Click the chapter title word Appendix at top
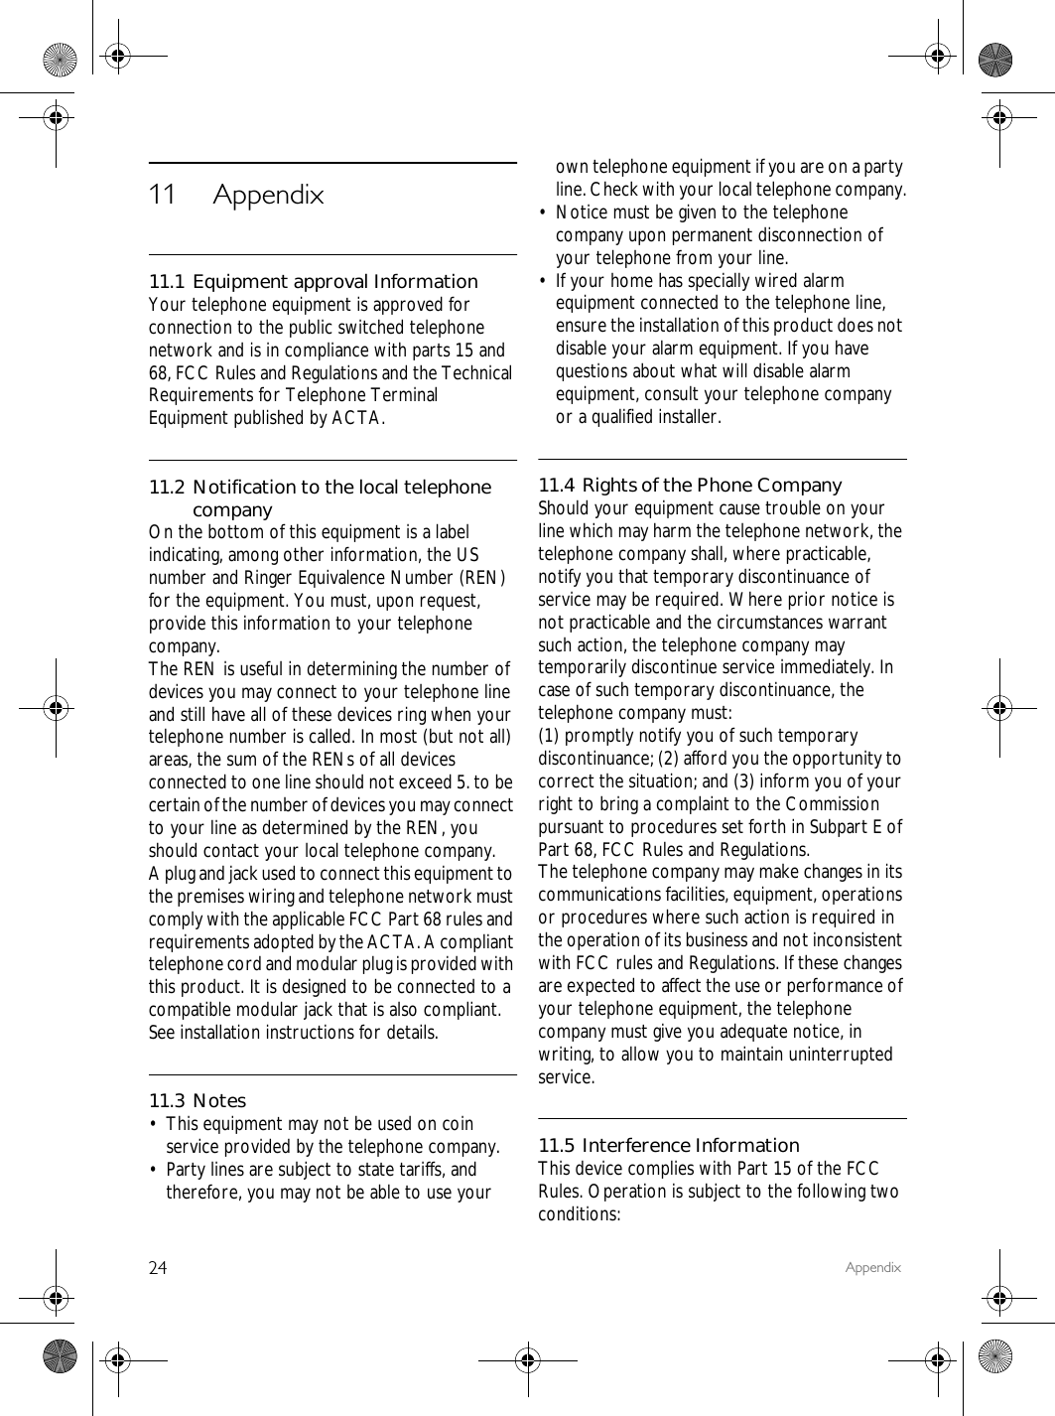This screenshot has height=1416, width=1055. (x=268, y=195)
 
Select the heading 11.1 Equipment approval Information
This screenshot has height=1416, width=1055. (x=313, y=281)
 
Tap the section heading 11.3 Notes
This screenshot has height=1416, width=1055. (x=198, y=1100)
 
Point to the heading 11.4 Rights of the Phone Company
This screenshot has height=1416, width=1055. (x=689, y=485)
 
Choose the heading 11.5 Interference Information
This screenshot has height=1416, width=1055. (x=668, y=1145)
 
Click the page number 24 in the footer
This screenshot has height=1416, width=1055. (x=158, y=1268)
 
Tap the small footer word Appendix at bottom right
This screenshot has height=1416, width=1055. (x=872, y=1267)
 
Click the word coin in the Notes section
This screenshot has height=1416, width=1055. (x=457, y=1124)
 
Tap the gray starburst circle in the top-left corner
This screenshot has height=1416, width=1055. (x=61, y=61)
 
